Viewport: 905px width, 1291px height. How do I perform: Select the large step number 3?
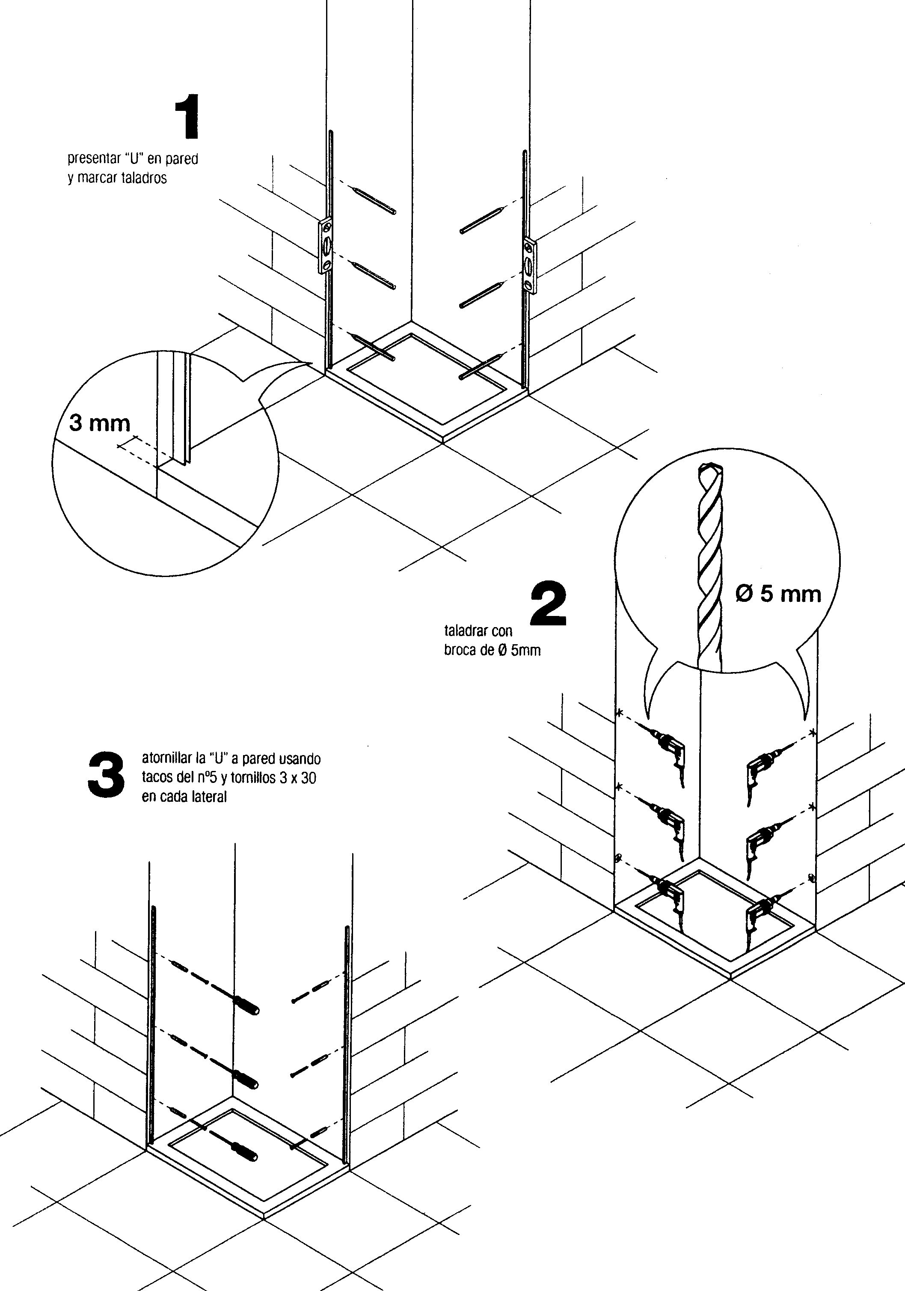tap(106, 774)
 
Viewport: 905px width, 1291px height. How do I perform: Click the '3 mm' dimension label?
tap(100, 423)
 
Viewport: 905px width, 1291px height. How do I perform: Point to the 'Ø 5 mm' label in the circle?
tap(778, 594)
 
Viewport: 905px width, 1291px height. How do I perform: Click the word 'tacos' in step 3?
tap(157, 778)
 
